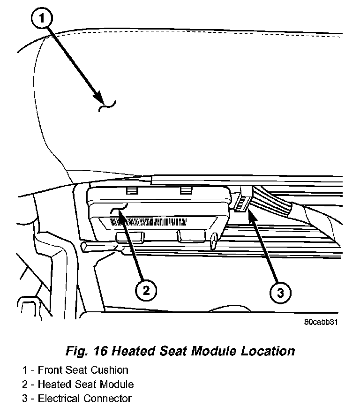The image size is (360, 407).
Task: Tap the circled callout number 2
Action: coord(146,291)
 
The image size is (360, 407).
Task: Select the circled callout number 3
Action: coord(280,293)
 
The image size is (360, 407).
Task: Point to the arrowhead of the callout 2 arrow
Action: coord(120,212)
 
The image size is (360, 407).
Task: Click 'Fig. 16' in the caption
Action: coord(87,351)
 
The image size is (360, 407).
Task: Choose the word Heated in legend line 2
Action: coord(53,384)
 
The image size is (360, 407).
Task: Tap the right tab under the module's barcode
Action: coord(191,236)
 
